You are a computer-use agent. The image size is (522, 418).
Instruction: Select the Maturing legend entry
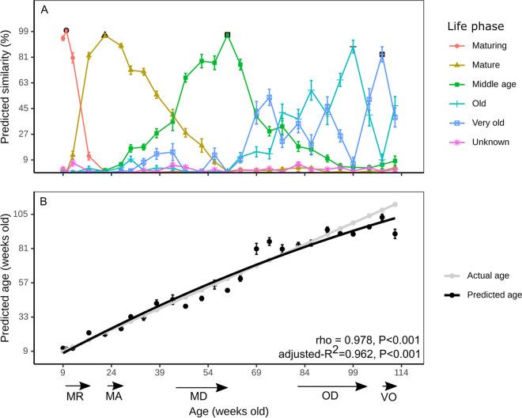point(475,46)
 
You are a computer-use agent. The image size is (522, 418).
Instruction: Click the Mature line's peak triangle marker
point(105,36)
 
